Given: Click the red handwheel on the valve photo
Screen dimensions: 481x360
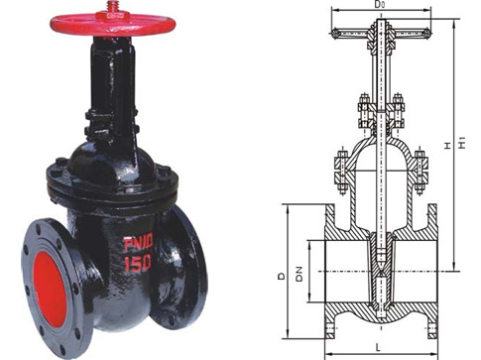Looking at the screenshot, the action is point(112,25).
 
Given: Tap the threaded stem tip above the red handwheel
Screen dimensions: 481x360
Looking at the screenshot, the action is point(110,6).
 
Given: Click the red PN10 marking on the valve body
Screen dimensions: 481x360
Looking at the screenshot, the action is point(139,243).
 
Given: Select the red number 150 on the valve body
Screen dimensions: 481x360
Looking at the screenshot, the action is point(138,263).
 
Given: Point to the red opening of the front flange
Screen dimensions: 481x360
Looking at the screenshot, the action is point(50,290).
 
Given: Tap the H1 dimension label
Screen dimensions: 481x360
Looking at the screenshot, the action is point(462,143).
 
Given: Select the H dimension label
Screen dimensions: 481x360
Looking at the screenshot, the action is point(447,145).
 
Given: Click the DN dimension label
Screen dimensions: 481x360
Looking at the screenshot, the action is point(300,274).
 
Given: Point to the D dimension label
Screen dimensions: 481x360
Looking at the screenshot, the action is point(282,276).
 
